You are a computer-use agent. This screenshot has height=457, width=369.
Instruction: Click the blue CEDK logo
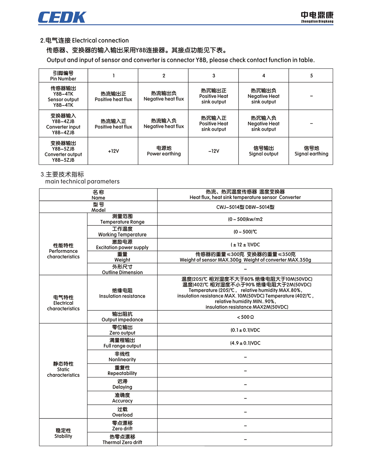pos(62,18)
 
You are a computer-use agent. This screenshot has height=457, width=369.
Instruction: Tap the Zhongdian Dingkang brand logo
pos(317,17)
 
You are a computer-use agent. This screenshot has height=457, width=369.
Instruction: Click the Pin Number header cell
pos(63,76)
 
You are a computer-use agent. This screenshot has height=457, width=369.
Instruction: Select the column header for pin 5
pos(311,76)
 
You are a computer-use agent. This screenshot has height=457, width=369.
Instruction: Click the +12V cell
pos(113,151)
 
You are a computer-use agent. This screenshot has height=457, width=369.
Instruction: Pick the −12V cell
pos(213,151)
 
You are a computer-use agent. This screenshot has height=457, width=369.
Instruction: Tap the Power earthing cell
pos(164,151)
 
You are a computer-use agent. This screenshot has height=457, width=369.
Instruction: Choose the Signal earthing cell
pos(311,151)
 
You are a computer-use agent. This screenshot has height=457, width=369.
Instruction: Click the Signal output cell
pos(264,151)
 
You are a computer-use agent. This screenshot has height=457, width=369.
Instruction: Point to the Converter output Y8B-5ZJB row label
pos(63,151)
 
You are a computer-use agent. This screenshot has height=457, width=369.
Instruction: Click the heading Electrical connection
pos(85,40)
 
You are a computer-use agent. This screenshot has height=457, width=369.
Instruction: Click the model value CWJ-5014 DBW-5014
pos(245,207)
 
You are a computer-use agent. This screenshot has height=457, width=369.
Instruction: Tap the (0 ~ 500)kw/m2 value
pos(245,219)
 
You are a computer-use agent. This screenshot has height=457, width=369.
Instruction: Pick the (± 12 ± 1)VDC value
pos(245,244)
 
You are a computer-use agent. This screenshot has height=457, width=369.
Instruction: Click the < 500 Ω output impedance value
pos(245,317)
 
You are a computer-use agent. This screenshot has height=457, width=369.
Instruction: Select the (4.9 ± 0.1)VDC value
pos(245,343)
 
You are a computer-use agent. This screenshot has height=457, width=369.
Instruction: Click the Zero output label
pos(122,330)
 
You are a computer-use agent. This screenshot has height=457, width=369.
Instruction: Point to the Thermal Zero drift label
pos(122,439)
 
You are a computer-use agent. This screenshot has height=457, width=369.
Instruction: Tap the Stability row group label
pos(63,433)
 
